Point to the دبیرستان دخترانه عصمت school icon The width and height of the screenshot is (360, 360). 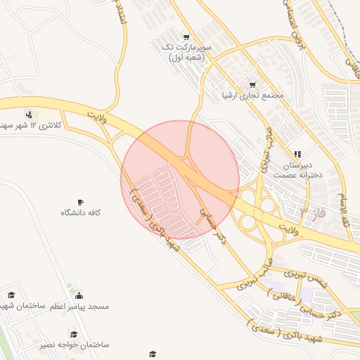click(x=297, y=153)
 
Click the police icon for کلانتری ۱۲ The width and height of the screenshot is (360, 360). click(x=29, y=114)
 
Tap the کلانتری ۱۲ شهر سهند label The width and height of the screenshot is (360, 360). click(x=32, y=125)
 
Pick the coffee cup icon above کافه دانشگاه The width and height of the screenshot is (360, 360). click(x=80, y=201)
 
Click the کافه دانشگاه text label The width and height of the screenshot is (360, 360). click(x=80, y=212)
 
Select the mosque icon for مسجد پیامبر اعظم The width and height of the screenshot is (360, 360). click(x=78, y=295)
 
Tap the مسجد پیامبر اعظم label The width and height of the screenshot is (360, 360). click(x=78, y=307)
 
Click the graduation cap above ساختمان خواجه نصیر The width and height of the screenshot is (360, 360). click(x=73, y=334)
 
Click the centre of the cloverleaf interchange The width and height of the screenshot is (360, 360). click(x=262, y=210)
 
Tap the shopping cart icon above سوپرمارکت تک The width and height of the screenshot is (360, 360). click(x=186, y=37)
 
